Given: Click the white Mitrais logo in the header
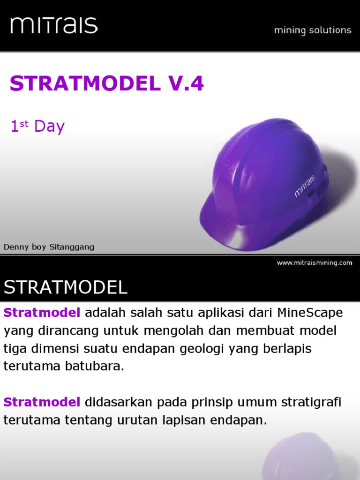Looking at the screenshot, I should click(x=54, y=25).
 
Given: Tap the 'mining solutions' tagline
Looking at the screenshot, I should click(x=312, y=30).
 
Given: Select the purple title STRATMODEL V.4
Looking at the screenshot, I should click(x=107, y=84).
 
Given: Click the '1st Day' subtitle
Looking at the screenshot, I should click(x=37, y=127).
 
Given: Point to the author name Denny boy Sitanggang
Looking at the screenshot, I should click(x=49, y=247).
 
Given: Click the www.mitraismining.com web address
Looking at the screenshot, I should click(x=314, y=263).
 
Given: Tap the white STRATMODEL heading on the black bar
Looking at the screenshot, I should click(x=66, y=287).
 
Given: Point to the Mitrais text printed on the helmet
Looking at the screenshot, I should click(x=305, y=186).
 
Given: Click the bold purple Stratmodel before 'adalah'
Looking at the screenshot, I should click(x=42, y=313).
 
